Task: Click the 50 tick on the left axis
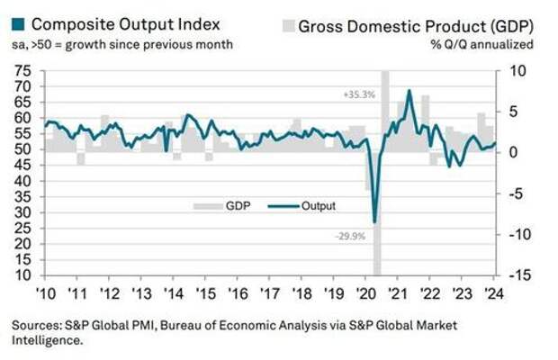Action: (x=22, y=149)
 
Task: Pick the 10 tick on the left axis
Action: (x=22, y=275)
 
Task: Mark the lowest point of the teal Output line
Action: (x=374, y=220)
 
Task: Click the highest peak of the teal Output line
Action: (x=409, y=90)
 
